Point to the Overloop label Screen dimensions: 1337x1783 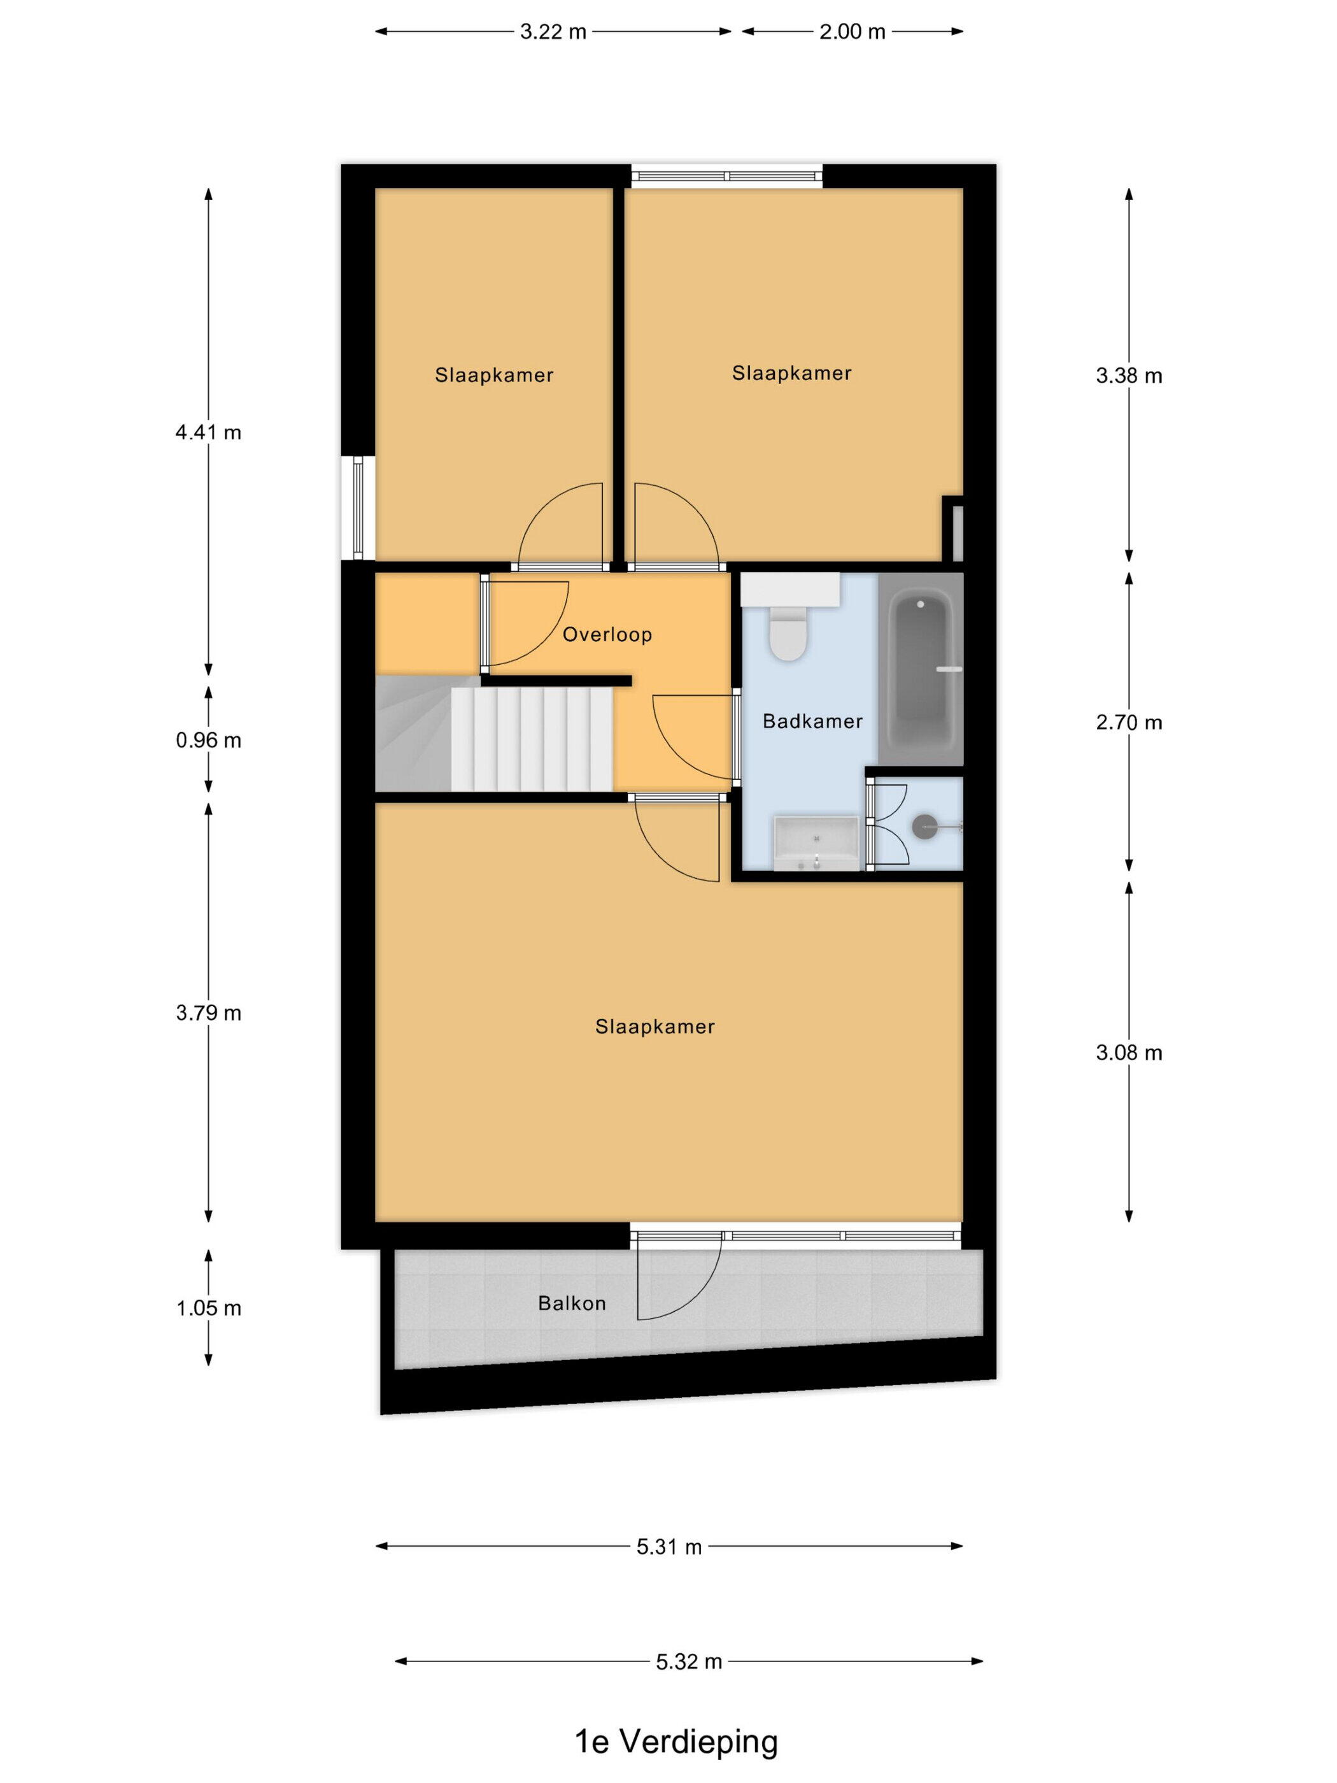tap(607, 634)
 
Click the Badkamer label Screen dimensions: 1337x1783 tap(812, 721)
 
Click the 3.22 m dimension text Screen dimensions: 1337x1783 tap(553, 31)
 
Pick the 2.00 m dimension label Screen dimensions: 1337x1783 tap(852, 31)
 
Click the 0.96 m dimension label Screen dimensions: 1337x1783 tap(209, 740)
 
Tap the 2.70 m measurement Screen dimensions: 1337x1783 tap(1128, 722)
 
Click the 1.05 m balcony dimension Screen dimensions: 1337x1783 tap(209, 1308)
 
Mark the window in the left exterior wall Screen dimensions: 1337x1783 tap(358, 508)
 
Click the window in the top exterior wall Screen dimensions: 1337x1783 tap(727, 176)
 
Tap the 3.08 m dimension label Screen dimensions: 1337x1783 tap(1128, 1053)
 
